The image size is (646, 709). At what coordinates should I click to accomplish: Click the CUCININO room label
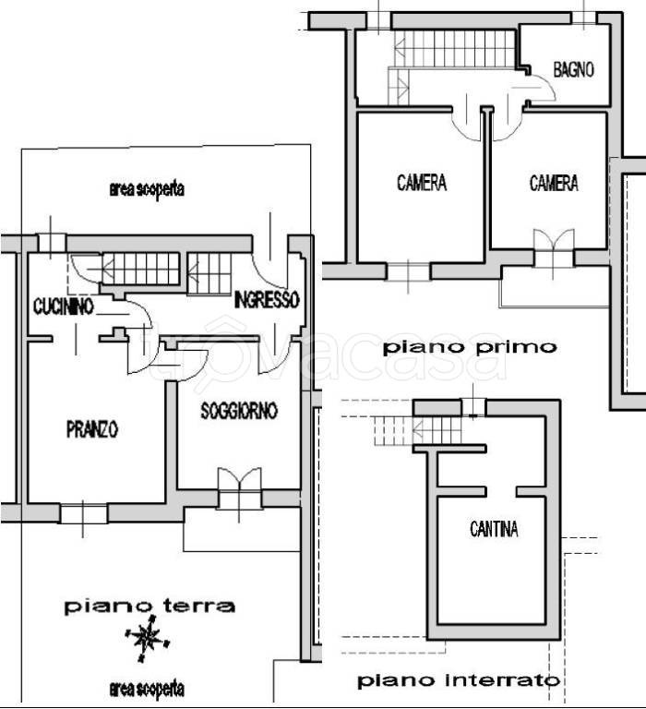(63, 306)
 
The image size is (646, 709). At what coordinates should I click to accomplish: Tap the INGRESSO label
(266, 300)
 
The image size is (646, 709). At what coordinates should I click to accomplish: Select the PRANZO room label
(92, 429)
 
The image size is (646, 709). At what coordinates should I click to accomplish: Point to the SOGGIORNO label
(239, 412)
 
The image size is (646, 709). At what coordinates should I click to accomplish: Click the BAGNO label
(573, 70)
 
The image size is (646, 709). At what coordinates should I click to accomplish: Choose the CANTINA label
(494, 529)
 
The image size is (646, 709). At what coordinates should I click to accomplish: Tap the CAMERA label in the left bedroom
(422, 183)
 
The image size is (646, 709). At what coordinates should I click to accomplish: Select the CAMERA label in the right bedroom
(554, 184)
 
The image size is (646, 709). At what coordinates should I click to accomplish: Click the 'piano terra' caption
(149, 607)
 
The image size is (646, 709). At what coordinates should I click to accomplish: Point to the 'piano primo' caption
(471, 348)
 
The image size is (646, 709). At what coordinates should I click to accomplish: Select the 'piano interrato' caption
(459, 681)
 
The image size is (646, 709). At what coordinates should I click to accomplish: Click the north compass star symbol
(146, 638)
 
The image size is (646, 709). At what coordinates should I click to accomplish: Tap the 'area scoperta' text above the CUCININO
(147, 190)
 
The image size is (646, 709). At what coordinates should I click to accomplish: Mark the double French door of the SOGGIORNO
(239, 487)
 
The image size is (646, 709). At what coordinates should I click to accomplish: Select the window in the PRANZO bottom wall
(84, 513)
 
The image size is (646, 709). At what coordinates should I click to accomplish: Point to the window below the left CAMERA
(407, 271)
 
